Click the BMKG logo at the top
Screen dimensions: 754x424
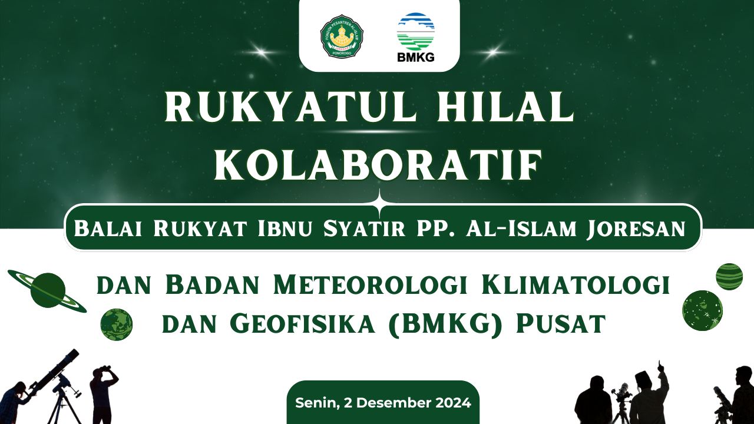click(416, 38)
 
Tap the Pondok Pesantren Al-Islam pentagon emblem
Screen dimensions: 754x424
click(342, 36)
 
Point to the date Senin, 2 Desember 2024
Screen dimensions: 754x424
click(383, 403)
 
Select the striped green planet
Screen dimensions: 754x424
click(729, 277)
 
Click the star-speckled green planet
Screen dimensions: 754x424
click(703, 310)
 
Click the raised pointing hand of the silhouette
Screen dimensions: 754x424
click(659, 365)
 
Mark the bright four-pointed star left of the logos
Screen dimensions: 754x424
click(260, 52)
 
